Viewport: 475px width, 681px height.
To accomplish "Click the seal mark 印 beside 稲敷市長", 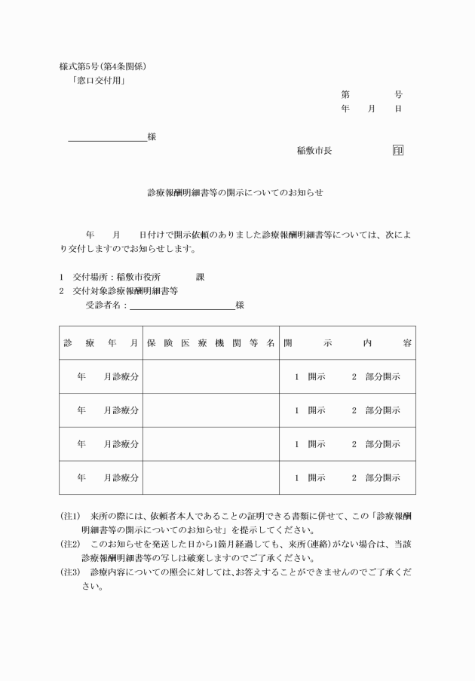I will [397, 150].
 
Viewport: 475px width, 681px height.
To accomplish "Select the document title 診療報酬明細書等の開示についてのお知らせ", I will [235, 192].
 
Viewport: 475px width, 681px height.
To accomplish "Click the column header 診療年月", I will [101, 342].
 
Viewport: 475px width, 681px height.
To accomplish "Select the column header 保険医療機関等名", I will [210, 342].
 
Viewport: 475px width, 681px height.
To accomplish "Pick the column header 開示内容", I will [348, 342].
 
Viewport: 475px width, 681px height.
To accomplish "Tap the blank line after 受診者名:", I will [182, 306].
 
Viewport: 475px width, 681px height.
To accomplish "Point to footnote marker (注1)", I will [70, 517].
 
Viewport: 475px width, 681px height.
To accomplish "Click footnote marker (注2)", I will [70, 544].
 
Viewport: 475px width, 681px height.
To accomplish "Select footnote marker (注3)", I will [70, 572].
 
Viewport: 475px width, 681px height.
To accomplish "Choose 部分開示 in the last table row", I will [382, 478].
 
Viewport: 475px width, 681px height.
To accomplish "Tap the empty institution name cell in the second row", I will [210, 410].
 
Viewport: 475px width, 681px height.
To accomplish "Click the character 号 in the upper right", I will [397, 95].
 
